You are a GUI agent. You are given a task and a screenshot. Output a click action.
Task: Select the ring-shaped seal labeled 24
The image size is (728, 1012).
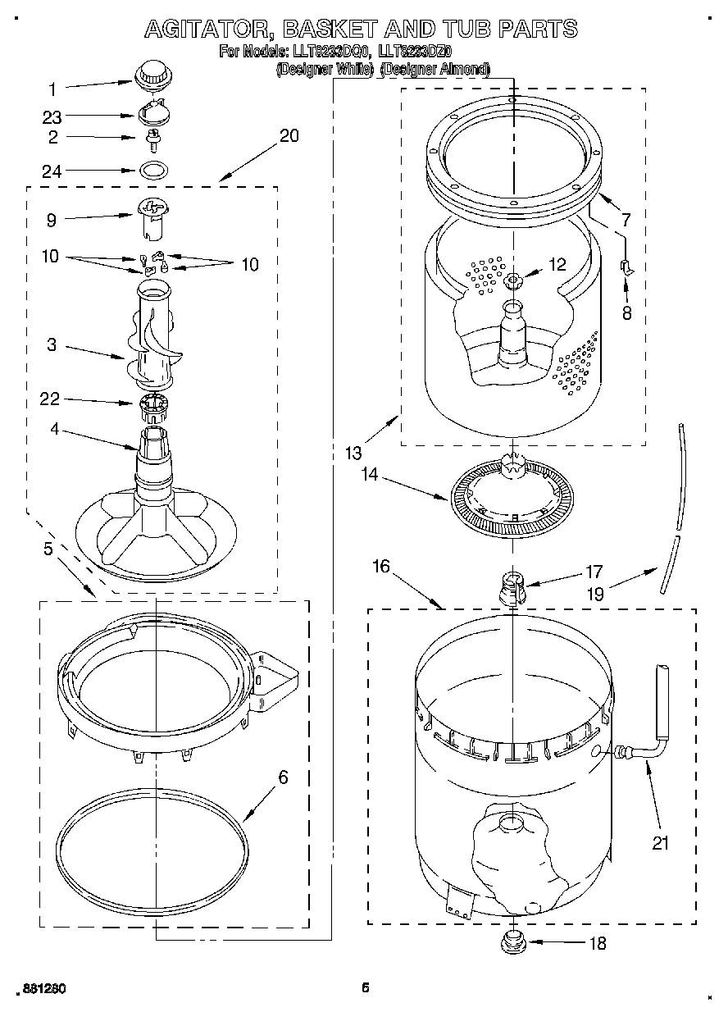[x=152, y=171]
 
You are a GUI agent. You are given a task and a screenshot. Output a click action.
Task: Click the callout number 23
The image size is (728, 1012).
[x=52, y=117]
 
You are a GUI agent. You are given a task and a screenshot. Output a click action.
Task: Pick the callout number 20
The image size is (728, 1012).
[x=289, y=136]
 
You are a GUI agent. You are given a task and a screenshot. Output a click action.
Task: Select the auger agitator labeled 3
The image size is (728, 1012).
[x=154, y=336]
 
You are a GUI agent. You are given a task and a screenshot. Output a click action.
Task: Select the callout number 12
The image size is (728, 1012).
[x=557, y=264]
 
